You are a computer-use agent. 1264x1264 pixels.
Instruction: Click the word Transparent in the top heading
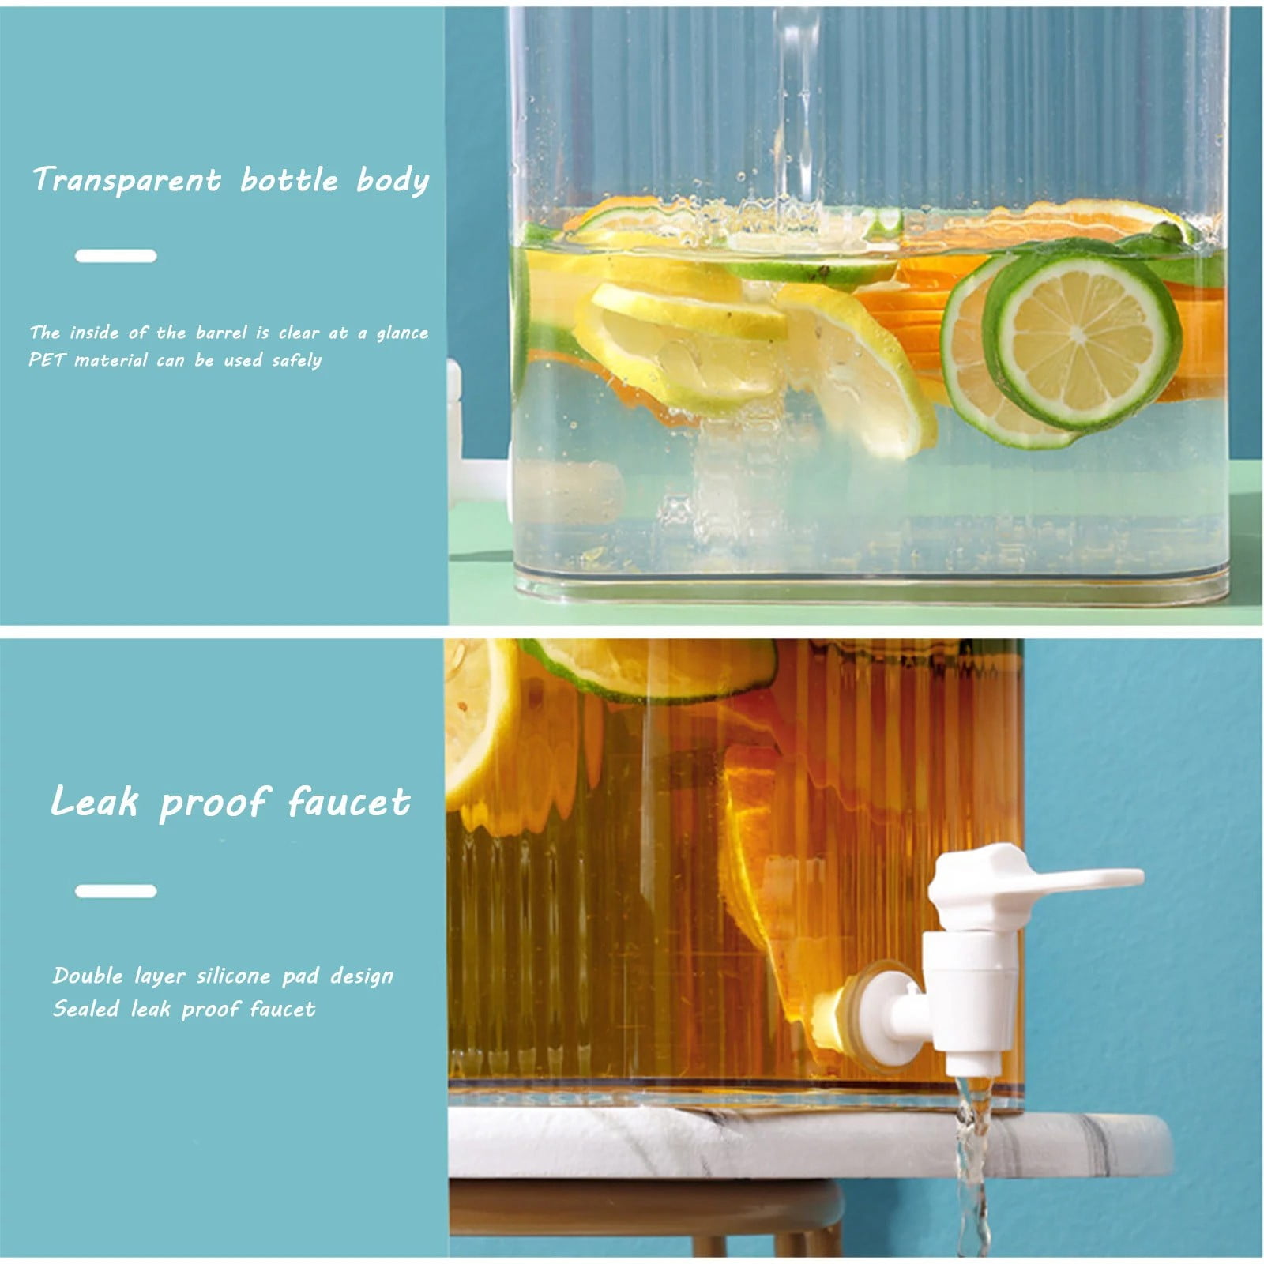click(x=126, y=180)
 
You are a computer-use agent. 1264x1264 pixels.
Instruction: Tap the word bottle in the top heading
click(x=289, y=180)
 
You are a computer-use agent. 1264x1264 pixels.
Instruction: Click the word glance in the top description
click(x=402, y=333)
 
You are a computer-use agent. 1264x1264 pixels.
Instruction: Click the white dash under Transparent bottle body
click(x=116, y=256)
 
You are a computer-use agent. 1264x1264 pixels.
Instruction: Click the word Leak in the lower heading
click(x=95, y=802)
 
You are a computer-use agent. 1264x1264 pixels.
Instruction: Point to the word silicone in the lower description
click(x=233, y=976)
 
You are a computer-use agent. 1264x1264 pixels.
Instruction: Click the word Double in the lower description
click(x=88, y=976)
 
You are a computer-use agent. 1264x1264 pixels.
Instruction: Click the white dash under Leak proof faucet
click(x=116, y=891)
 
